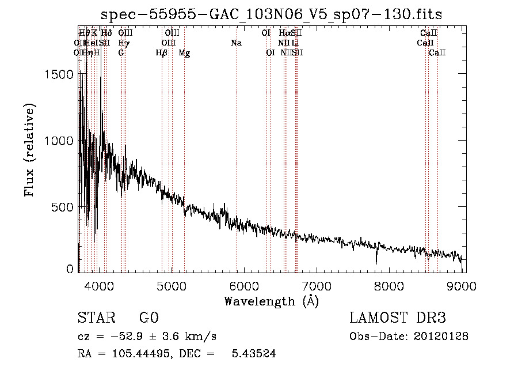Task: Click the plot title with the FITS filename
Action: click(x=271, y=14)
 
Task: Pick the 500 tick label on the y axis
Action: click(x=64, y=207)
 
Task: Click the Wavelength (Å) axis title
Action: click(x=271, y=301)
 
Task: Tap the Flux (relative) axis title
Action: click(x=30, y=150)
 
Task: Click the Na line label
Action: click(x=235, y=43)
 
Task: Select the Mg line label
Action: click(x=184, y=53)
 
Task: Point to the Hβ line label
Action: click(x=162, y=53)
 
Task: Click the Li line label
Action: click(x=295, y=43)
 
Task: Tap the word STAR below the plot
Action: click(x=96, y=318)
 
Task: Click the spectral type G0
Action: click(x=148, y=318)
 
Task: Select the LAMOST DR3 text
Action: click(x=397, y=318)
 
